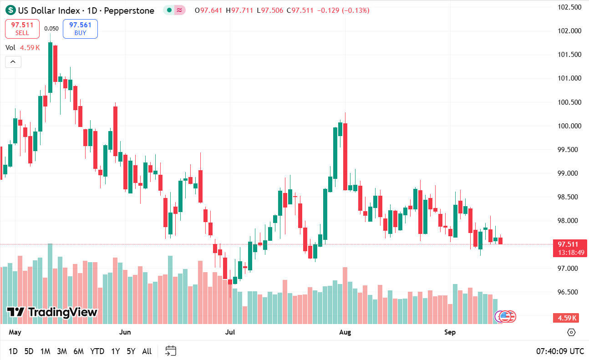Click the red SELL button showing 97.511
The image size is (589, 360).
(x=22, y=29)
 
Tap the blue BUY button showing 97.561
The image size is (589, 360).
(x=80, y=29)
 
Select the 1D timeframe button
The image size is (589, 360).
(x=13, y=351)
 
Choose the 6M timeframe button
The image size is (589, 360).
(x=78, y=351)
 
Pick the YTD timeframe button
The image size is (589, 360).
(x=97, y=351)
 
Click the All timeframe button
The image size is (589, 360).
(x=147, y=351)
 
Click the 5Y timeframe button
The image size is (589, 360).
(x=131, y=351)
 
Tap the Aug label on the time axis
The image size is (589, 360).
(x=345, y=332)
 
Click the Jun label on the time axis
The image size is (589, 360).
(x=125, y=332)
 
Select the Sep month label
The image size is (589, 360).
(x=450, y=332)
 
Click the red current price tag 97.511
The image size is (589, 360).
(x=568, y=244)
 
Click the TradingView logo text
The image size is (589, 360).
(x=52, y=312)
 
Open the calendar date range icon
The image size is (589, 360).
(x=171, y=351)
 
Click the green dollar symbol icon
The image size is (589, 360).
(x=10, y=10)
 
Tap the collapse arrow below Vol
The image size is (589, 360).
(x=13, y=61)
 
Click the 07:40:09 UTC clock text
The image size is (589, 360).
(x=560, y=351)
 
